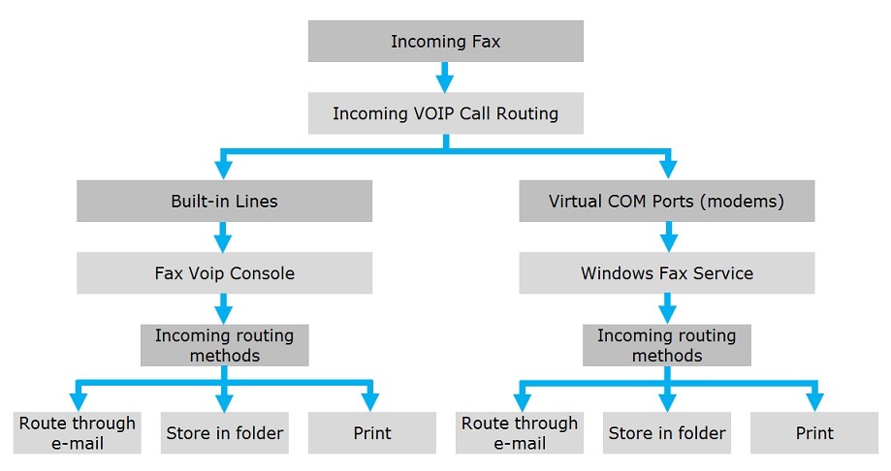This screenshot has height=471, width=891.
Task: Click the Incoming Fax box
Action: coord(446,42)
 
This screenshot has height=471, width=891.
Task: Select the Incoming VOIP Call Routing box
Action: coord(446,113)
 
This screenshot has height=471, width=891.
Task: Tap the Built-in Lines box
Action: coord(225,202)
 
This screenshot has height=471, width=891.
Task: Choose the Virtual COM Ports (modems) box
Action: coord(666,202)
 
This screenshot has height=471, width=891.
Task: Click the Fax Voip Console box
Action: coord(225,273)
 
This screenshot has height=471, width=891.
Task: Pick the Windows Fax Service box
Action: coord(666,273)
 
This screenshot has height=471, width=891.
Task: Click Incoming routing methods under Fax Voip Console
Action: coord(225,345)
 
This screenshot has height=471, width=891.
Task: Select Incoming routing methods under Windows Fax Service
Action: coord(666,345)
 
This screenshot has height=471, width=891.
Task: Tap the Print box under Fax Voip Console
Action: coord(372,433)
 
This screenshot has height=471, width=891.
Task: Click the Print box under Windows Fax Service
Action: coord(814,433)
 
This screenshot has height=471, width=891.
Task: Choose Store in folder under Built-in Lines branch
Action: coord(225,433)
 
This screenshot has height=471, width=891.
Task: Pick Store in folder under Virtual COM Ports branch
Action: coord(666,433)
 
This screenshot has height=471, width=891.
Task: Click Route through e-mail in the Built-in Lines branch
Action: coord(78,433)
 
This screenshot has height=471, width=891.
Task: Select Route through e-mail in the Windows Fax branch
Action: coord(520,433)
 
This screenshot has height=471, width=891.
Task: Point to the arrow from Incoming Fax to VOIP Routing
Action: coord(445,78)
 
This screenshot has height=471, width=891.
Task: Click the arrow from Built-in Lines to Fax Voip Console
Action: coord(223,236)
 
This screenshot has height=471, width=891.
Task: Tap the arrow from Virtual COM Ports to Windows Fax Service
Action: coord(668,236)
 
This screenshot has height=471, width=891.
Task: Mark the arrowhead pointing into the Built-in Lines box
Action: coord(223,170)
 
